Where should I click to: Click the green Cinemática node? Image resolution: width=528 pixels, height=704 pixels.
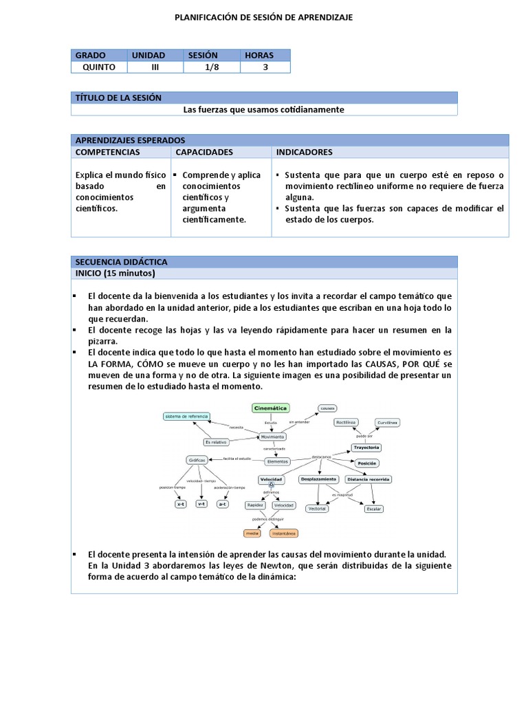pyautogui.click(x=271, y=408)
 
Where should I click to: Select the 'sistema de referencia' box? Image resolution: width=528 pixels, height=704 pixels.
pyautogui.click(x=186, y=417)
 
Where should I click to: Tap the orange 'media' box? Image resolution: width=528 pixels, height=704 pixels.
pyautogui.click(x=253, y=533)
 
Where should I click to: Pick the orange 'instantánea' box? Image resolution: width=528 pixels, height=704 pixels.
pyautogui.click(x=283, y=533)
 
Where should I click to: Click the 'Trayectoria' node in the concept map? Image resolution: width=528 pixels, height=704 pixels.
pyautogui.click(x=366, y=448)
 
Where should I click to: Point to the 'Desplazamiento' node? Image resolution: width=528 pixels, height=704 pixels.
pyautogui.click(x=318, y=478)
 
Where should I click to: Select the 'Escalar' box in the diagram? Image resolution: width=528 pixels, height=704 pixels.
pyautogui.click(x=374, y=509)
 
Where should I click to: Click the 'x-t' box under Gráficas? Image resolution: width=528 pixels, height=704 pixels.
pyautogui.click(x=181, y=504)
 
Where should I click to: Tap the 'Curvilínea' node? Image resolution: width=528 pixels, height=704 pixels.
pyautogui.click(x=388, y=422)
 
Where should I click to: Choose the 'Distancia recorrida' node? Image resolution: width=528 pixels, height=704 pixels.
pyautogui.click(x=368, y=478)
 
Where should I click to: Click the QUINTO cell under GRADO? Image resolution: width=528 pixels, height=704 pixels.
pyautogui.click(x=99, y=67)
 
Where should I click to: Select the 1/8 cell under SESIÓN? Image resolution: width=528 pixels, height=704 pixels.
pyautogui.click(x=211, y=67)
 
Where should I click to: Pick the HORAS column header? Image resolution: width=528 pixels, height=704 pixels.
pyautogui.click(x=259, y=55)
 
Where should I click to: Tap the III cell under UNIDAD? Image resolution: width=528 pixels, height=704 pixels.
pyautogui.click(x=155, y=67)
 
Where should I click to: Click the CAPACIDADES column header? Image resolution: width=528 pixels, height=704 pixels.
pyautogui.click(x=204, y=152)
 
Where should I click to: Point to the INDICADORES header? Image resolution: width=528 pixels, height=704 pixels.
pyautogui.click(x=304, y=152)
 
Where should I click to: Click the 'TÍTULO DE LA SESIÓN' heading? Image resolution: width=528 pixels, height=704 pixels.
pyautogui.click(x=118, y=98)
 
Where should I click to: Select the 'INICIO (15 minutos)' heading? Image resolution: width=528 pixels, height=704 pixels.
pyautogui.click(x=115, y=274)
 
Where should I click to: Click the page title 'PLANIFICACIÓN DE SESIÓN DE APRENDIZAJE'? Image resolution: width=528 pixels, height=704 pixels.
pyautogui.click(x=264, y=17)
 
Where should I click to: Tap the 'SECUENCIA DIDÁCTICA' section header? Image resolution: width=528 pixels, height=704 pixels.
pyautogui.click(x=121, y=262)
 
